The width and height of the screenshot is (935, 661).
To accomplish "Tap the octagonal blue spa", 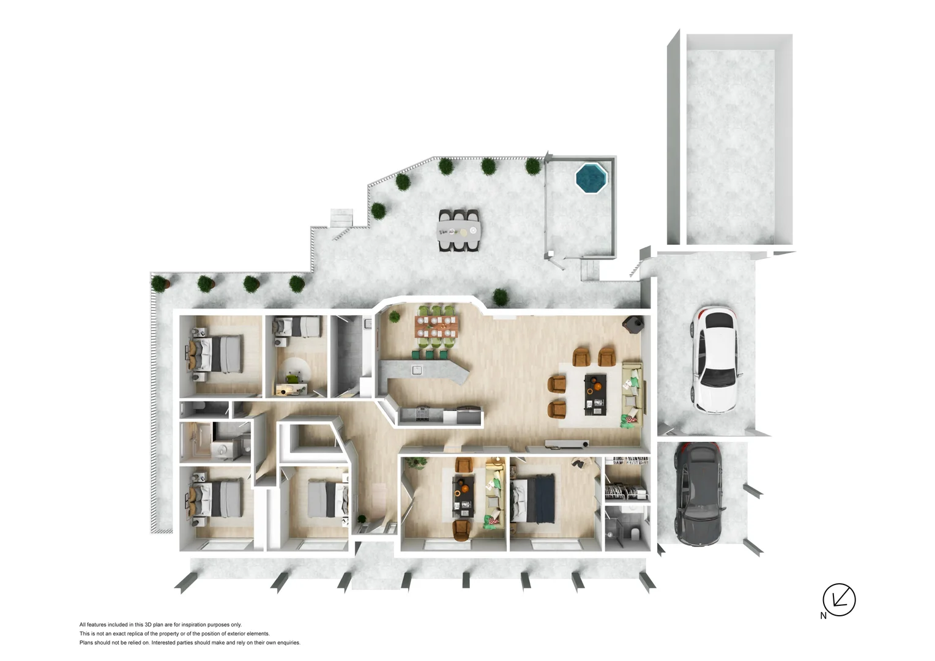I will tap(591, 177).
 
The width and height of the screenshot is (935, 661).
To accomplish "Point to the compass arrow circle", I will tap(839, 599).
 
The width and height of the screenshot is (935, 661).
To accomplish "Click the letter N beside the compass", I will tap(823, 616).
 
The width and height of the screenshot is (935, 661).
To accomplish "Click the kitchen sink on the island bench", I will tap(417, 370).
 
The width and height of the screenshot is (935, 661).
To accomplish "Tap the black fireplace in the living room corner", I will tap(633, 324).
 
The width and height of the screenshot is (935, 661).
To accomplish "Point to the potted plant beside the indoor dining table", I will tap(395, 317).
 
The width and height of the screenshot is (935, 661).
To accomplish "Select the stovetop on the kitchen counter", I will tap(422, 414).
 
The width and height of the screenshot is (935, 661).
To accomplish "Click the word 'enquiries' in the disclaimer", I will tap(288, 643).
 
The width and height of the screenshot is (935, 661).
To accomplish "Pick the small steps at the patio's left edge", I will tap(342, 217).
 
